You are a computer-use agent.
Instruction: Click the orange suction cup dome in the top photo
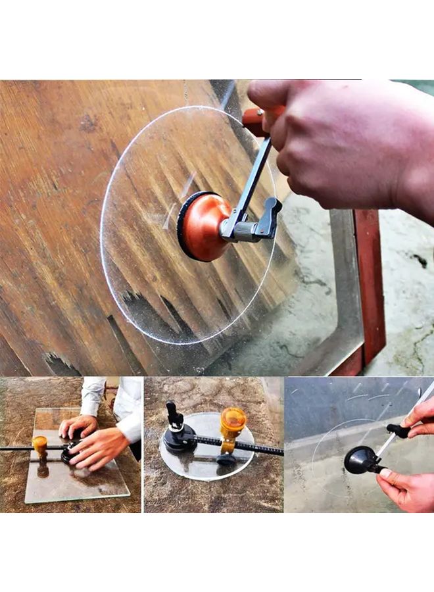point(204,227)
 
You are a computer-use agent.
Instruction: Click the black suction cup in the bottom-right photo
point(360,460)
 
